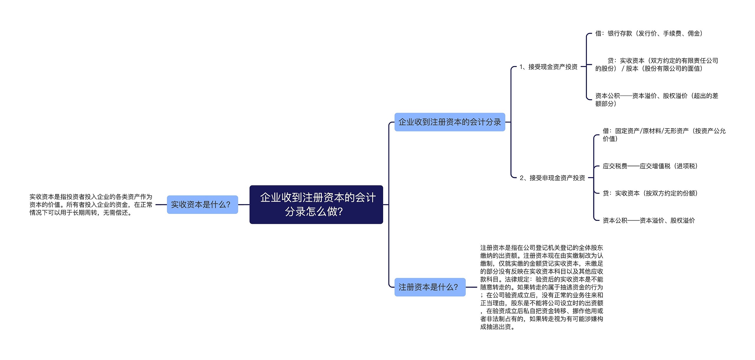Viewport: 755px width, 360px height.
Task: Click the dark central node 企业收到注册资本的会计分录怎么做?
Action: tap(316, 204)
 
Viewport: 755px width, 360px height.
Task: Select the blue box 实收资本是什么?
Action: tap(202, 205)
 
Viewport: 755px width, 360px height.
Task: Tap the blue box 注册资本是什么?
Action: tap(430, 287)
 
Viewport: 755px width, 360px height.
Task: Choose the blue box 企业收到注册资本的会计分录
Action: tap(450, 122)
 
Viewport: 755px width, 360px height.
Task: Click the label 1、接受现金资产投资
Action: tap(548, 67)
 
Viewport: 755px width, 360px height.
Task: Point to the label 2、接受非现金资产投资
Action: tap(552, 178)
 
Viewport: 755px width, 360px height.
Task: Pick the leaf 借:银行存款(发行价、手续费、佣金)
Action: tap(649, 34)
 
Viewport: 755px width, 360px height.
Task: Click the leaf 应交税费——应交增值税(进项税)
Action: tap(650, 166)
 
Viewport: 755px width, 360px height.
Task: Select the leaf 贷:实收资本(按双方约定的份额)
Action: tap(650, 193)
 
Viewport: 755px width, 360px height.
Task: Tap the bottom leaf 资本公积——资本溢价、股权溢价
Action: tap(649, 220)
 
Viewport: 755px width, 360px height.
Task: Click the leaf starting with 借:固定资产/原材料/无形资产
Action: tap(664, 135)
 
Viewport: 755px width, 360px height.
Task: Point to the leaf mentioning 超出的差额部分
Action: tap(656, 100)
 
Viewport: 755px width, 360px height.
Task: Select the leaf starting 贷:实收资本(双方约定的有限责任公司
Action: tap(656, 65)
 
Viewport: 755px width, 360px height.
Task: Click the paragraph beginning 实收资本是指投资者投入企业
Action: tap(91, 205)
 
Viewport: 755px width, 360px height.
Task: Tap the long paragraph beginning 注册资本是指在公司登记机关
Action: tap(541, 287)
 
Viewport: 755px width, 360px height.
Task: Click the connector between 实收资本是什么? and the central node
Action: tap(244, 205)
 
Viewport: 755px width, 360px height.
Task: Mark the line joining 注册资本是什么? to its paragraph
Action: tap(471, 287)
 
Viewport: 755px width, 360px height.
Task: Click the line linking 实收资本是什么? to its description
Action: tap(161, 205)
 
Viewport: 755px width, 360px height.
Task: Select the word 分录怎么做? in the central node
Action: tap(314, 212)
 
